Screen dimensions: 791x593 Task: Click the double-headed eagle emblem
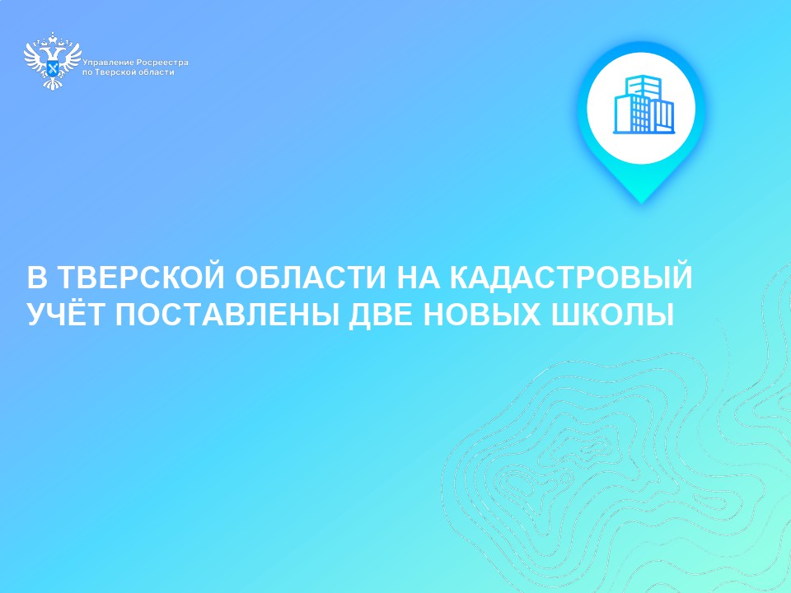[x=53, y=60]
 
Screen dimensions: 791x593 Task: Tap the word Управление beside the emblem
[x=108, y=63]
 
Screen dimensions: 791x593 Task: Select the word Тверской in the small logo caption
[x=116, y=72]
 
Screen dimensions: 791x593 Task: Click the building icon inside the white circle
[x=644, y=105]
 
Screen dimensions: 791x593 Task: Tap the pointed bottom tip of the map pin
[x=642, y=203]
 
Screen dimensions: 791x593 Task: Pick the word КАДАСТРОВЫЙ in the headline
[x=571, y=278]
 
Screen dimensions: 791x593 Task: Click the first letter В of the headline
[x=37, y=278]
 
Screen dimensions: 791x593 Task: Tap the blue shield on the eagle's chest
[x=53, y=67]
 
